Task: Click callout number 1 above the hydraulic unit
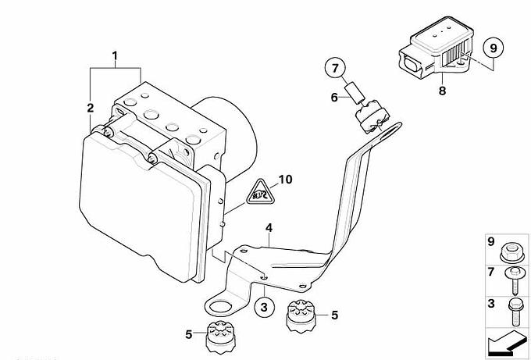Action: (115, 56)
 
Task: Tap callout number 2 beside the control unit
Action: (90, 107)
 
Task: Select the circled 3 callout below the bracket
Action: (264, 307)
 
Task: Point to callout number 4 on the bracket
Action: (267, 228)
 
